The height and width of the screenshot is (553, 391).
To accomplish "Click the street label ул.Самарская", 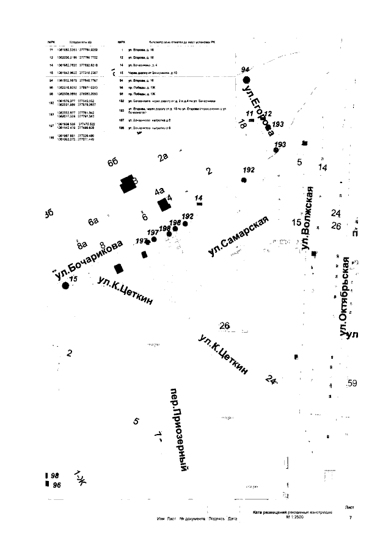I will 239,236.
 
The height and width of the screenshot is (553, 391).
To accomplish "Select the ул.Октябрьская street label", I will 344,297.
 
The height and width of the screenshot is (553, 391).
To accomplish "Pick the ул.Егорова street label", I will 257,107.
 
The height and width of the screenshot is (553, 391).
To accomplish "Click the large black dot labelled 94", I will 247,79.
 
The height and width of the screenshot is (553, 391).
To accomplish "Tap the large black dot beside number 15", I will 66,285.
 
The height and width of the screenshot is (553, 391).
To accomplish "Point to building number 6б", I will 112,162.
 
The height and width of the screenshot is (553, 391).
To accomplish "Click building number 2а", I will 163,157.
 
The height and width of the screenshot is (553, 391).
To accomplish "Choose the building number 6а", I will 93,221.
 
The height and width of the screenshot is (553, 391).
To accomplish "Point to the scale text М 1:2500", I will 296,517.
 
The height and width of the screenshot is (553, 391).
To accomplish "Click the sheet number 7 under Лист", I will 351,518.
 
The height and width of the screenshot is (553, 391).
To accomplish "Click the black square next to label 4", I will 163,204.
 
